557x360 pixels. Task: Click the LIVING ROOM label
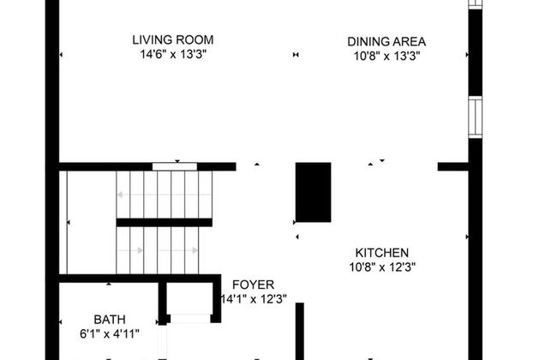(172, 39)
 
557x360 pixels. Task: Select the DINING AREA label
(386, 40)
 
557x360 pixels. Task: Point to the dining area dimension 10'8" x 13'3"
(386, 56)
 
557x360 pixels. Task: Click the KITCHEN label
(382, 253)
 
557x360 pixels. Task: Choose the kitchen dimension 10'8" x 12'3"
(382, 267)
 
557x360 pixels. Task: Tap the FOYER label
(248, 285)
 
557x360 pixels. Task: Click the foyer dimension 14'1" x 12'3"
(253, 299)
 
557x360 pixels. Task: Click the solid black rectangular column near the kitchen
(313, 192)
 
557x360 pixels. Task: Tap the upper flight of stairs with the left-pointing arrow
(163, 195)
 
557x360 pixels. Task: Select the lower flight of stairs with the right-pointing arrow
(163, 250)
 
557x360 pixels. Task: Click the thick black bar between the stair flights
(164, 223)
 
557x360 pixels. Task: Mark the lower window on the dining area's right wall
(475, 117)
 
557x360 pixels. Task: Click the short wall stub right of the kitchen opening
(452, 166)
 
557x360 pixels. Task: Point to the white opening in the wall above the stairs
(175, 165)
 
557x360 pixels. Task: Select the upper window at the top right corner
(475, 4)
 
